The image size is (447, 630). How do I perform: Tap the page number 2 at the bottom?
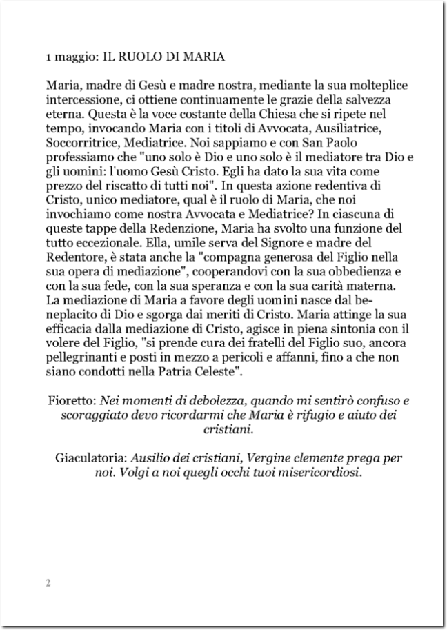[48, 583]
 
